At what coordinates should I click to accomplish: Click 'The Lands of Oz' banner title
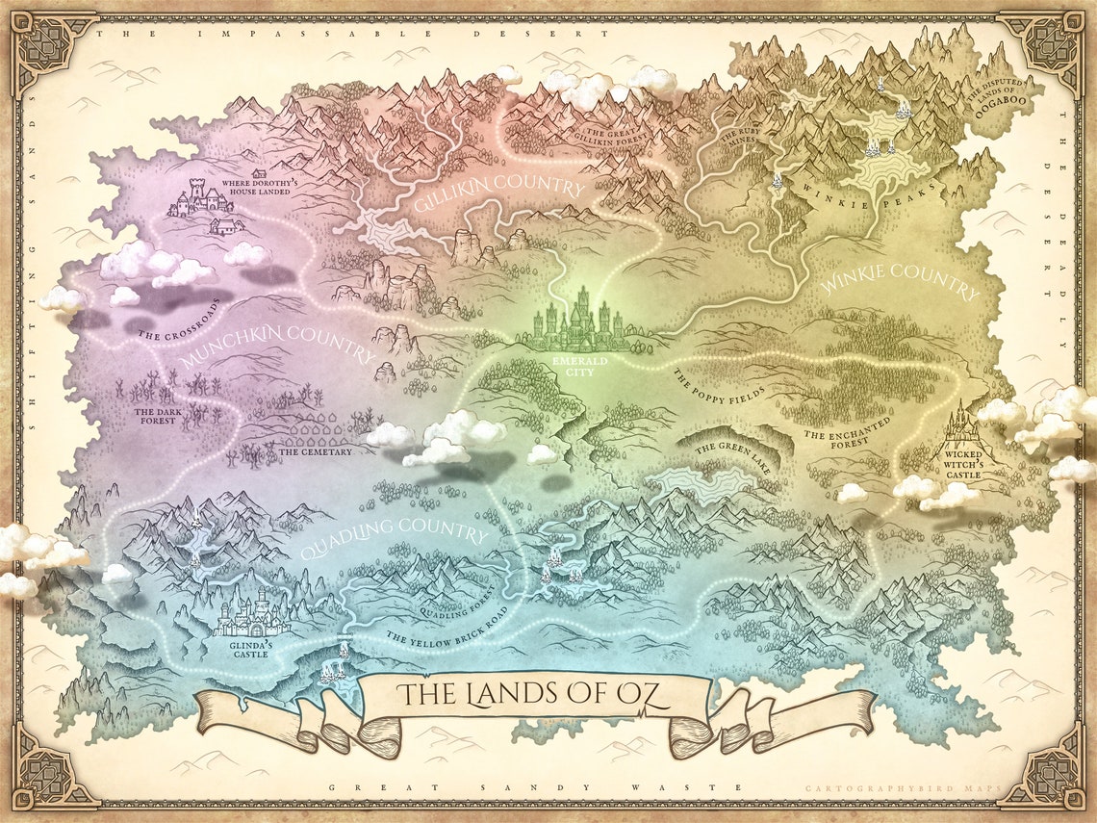click(535, 693)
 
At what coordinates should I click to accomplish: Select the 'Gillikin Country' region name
click(498, 194)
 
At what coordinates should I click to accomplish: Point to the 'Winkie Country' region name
click(899, 281)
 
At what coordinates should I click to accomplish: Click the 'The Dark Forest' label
click(155, 415)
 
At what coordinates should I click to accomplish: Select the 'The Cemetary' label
click(316, 450)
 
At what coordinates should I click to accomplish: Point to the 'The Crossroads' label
click(179, 321)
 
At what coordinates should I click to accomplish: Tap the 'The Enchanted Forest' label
click(848, 429)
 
